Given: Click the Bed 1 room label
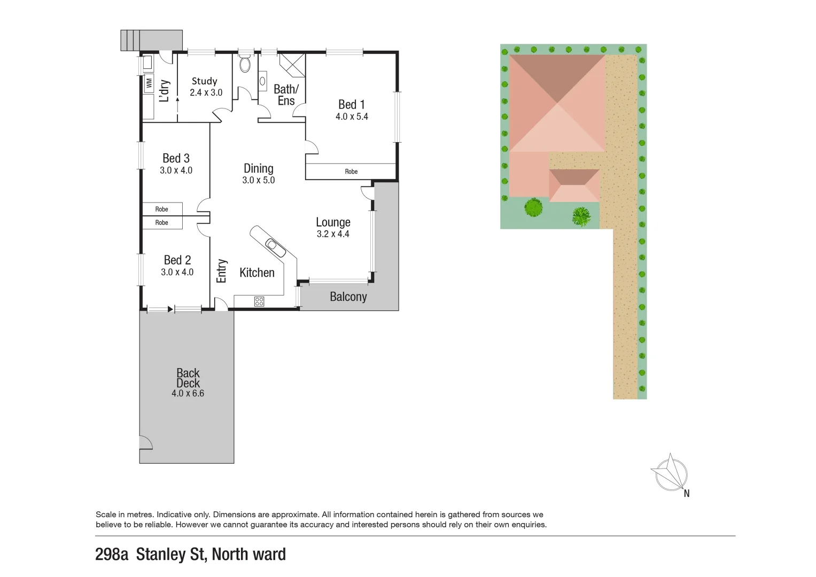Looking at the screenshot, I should point(351,105).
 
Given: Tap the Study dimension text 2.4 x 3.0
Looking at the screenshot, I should point(206,92).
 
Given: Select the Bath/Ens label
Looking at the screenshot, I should point(286,95).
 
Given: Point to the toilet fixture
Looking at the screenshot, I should point(245,64).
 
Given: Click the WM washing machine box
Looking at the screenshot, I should point(149,84).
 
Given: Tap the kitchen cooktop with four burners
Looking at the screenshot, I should point(259,301).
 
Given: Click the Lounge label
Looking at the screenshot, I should point(333,222).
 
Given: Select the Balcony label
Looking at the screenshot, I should point(348,297).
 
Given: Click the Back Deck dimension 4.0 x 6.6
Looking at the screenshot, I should point(188,393).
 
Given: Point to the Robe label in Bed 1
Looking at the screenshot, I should point(351,171).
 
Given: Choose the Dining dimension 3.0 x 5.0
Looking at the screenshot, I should point(258,180).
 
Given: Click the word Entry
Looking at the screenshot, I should point(222,271).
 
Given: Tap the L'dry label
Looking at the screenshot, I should point(165,90).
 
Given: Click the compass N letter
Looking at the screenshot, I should point(687,494).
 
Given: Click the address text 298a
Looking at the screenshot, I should point(112,555).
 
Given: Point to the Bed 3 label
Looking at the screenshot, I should point(176,158).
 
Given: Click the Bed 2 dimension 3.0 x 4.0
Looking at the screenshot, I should point(177,272).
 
